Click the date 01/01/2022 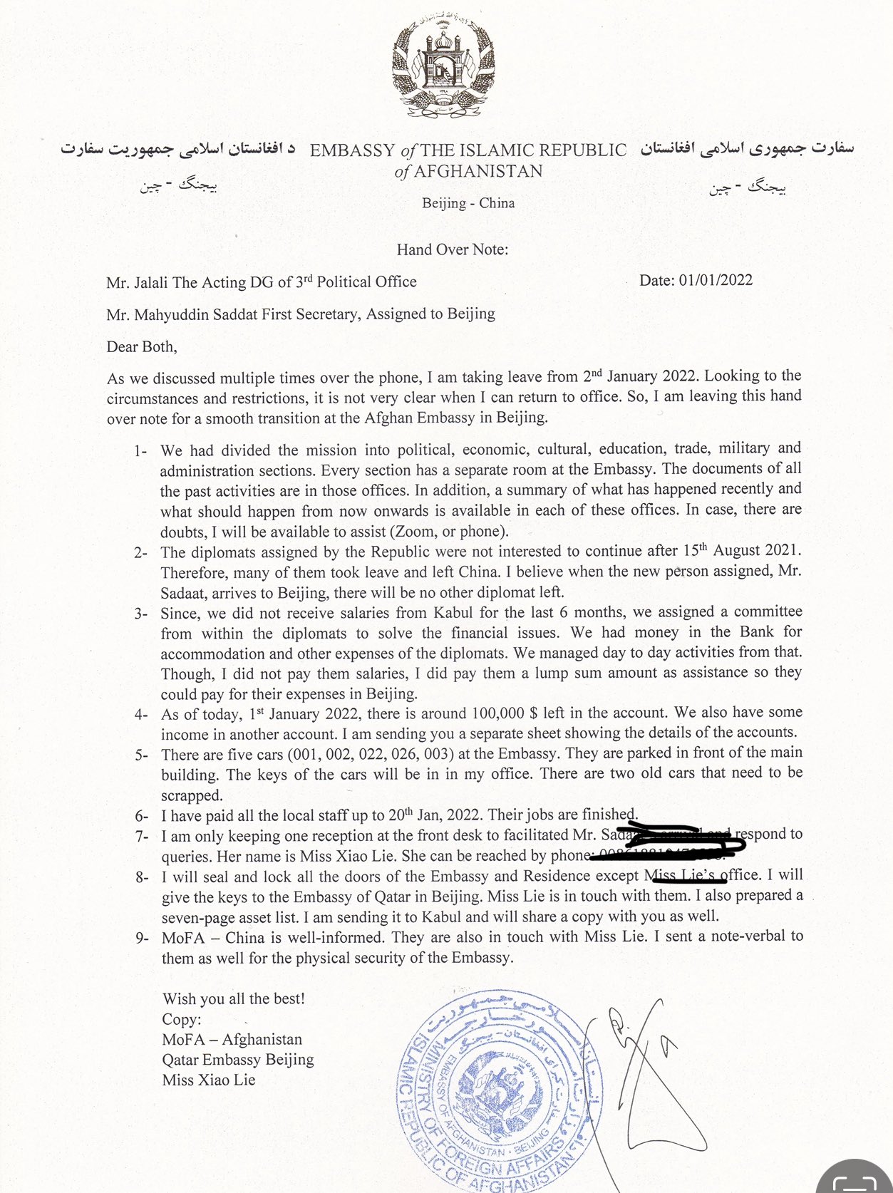tap(716, 280)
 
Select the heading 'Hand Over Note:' tap(453, 249)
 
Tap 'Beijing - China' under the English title tap(468, 203)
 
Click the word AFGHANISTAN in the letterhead tap(478, 171)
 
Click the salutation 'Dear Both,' tap(142, 347)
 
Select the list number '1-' tap(140, 451)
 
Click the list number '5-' tap(141, 755)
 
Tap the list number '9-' tap(142, 938)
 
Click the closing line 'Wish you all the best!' tap(234, 998)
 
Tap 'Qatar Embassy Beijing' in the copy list tap(238, 1060)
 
